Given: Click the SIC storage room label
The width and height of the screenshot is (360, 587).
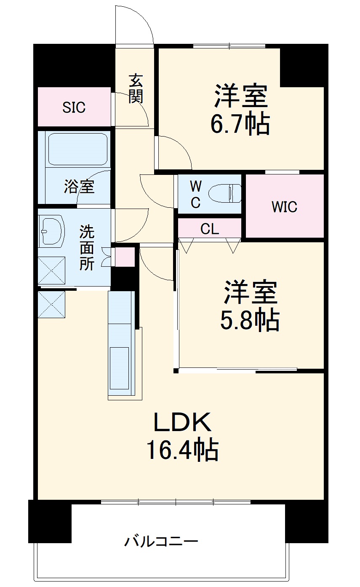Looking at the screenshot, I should tap(74, 107).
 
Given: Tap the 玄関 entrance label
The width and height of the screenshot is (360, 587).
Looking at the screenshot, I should tap(136, 88).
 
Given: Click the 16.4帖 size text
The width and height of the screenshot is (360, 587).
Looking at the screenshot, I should tap(182, 450).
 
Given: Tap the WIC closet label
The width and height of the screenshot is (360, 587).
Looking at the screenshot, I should tap(284, 207).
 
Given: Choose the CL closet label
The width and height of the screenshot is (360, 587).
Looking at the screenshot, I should tap(210, 229).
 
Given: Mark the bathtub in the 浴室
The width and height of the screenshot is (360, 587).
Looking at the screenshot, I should tap(77, 149).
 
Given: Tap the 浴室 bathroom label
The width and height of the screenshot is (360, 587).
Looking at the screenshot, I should tap(79, 186).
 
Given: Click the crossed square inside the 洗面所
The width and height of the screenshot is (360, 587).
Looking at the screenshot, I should tap(52, 270).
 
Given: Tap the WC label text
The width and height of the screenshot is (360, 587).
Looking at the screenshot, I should tap(195, 194).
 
